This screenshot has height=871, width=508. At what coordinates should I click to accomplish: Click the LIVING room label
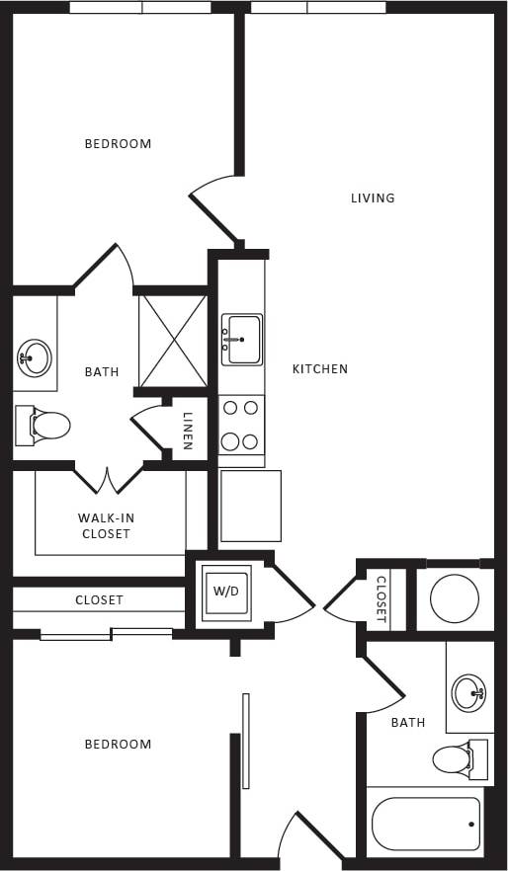click(x=373, y=198)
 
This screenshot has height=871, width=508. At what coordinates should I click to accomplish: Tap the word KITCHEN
click(x=320, y=368)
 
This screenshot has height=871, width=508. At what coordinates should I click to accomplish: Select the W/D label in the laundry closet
click(x=225, y=592)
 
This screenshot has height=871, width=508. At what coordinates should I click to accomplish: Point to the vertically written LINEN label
click(x=188, y=430)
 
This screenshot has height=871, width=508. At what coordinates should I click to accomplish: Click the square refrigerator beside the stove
click(x=250, y=505)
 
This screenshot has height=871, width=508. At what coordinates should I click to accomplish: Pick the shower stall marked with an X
click(x=173, y=340)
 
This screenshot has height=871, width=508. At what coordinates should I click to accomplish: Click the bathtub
click(x=426, y=823)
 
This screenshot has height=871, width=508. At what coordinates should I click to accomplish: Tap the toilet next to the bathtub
click(x=458, y=758)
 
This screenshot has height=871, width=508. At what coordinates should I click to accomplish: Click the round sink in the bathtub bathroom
click(x=469, y=692)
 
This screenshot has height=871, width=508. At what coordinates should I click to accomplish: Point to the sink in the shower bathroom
click(x=35, y=357)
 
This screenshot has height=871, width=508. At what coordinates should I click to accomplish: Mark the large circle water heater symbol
click(x=455, y=597)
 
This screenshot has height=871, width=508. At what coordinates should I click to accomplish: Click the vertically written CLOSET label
click(x=381, y=598)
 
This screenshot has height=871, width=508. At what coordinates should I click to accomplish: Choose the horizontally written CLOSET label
click(x=99, y=599)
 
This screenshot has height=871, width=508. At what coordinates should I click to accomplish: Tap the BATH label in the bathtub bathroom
click(x=407, y=722)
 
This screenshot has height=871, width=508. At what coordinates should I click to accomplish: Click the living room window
click(x=317, y=7)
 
